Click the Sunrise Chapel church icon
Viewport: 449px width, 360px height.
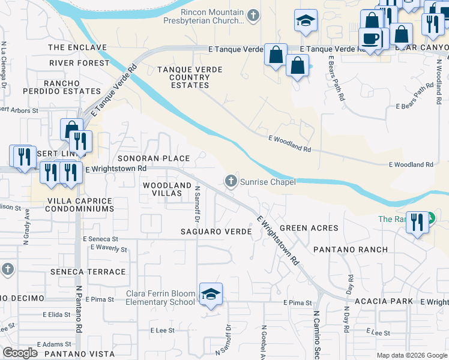pyautogui.click(x=231, y=181)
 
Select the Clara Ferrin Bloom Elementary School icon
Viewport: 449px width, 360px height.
pyautogui.click(x=211, y=293)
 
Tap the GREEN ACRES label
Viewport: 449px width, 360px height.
pyautogui.click(x=309, y=228)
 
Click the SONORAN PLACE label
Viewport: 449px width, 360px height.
pyautogui.click(x=153, y=158)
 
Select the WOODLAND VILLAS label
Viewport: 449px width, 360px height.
pyautogui.click(x=167, y=186)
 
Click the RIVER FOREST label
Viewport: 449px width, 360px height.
pyautogui.click(x=79, y=62)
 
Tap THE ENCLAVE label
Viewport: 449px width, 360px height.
pyautogui.click(x=77, y=47)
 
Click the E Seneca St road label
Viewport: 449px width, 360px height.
pyautogui.click(x=103, y=239)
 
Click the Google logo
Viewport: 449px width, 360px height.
pyautogui.click(x=20, y=353)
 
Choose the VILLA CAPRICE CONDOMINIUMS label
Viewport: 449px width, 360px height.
pyautogui.click(x=73, y=205)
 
